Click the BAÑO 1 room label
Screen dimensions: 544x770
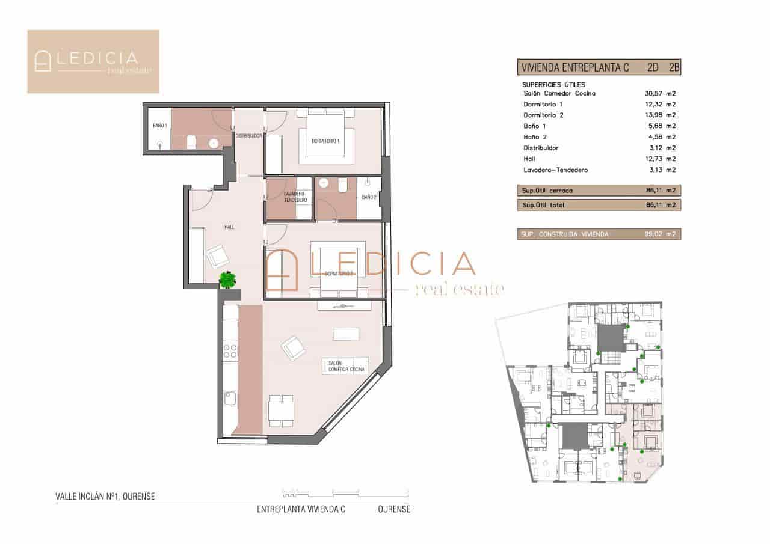pyautogui.click(x=159, y=126)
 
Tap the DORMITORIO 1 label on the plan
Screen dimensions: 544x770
pyautogui.click(x=325, y=141)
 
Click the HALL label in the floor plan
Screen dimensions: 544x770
pyautogui.click(x=229, y=227)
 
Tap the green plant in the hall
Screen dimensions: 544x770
pyautogui.click(x=228, y=280)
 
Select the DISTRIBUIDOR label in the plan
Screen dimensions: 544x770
pyautogui.click(x=248, y=136)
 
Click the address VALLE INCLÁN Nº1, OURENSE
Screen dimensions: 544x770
pyautogui.click(x=105, y=497)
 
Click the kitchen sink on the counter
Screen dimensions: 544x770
pyautogui.click(x=230, y=399)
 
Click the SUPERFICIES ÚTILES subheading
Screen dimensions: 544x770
pyautogui.click(x=553, y=85)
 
